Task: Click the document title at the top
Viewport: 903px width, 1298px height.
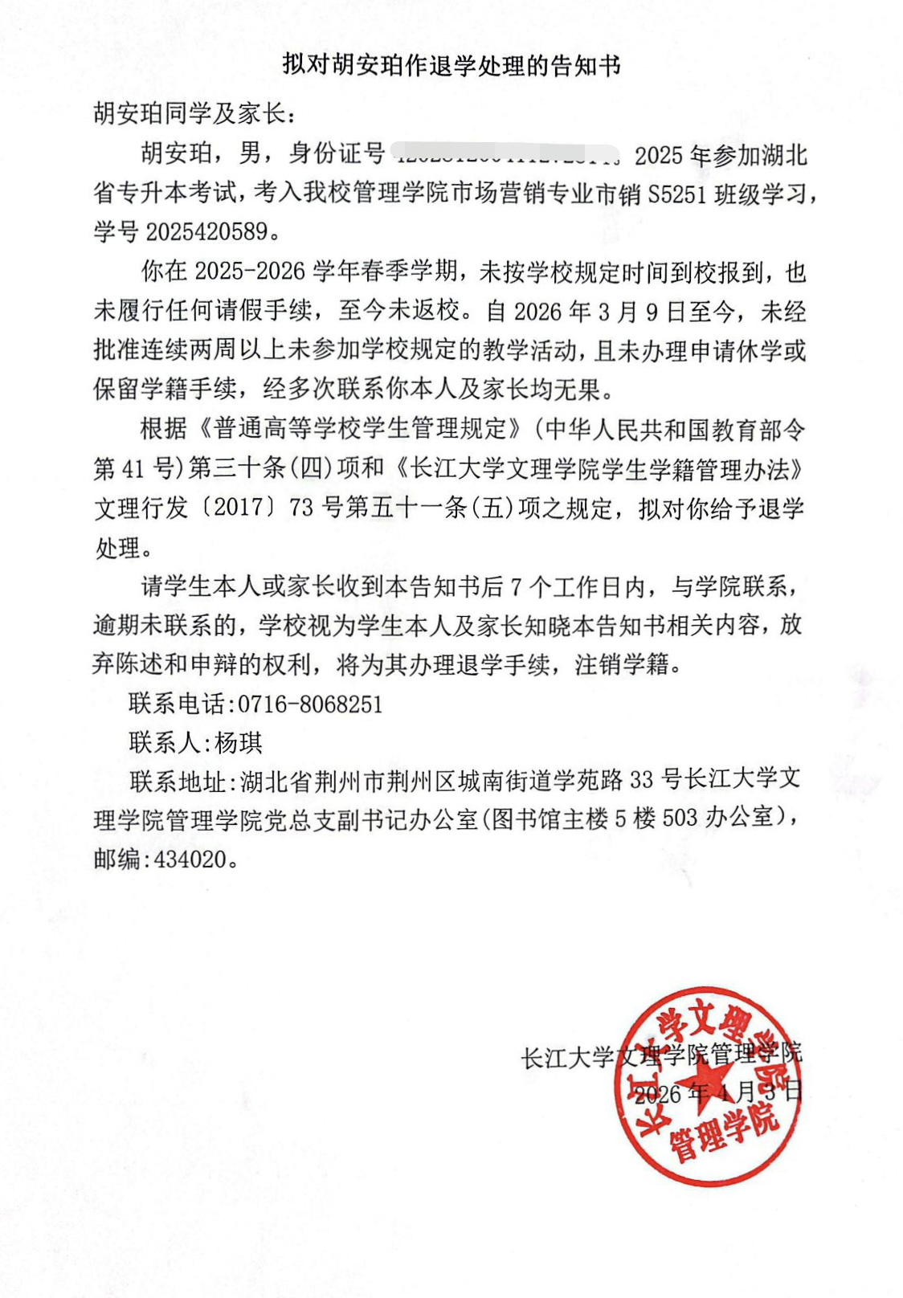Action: (451, 65)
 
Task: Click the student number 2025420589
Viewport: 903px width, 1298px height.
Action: (206, 232)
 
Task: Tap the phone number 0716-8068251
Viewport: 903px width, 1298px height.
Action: (310, 704)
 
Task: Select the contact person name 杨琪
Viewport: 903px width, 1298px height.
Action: (239, 743)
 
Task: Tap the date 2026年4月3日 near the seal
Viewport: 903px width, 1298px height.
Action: (717, 1092)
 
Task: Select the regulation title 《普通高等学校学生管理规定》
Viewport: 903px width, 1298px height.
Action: (361, 429)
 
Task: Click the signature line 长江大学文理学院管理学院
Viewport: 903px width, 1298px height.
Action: (660, 1055)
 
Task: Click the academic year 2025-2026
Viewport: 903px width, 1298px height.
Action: (250, 272)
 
